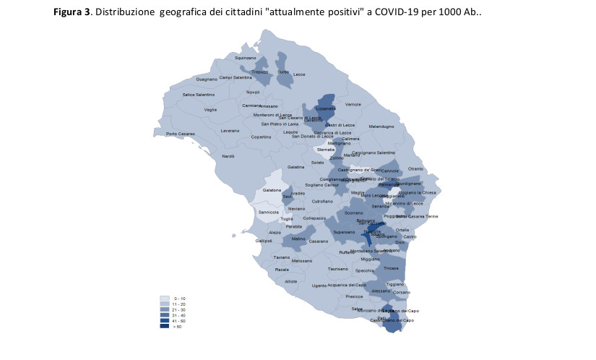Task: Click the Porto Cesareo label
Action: pos(181,134)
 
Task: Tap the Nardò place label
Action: pos(228,156)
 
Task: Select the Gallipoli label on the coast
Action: pos(264,241)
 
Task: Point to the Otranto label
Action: pos(415,168)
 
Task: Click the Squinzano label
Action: pos(246,57)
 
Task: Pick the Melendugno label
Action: pos(381,127)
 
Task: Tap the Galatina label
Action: pos(295,167)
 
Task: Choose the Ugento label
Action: pos(319,286)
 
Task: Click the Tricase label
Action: pos(391,268)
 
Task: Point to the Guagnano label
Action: pos(207,79)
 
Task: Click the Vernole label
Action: pos(353,104)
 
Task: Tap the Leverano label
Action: pos(230,131)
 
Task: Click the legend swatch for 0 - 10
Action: pos(165,298)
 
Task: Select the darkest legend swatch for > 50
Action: pos(165,326)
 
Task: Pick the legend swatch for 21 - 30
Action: pos(165,309)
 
